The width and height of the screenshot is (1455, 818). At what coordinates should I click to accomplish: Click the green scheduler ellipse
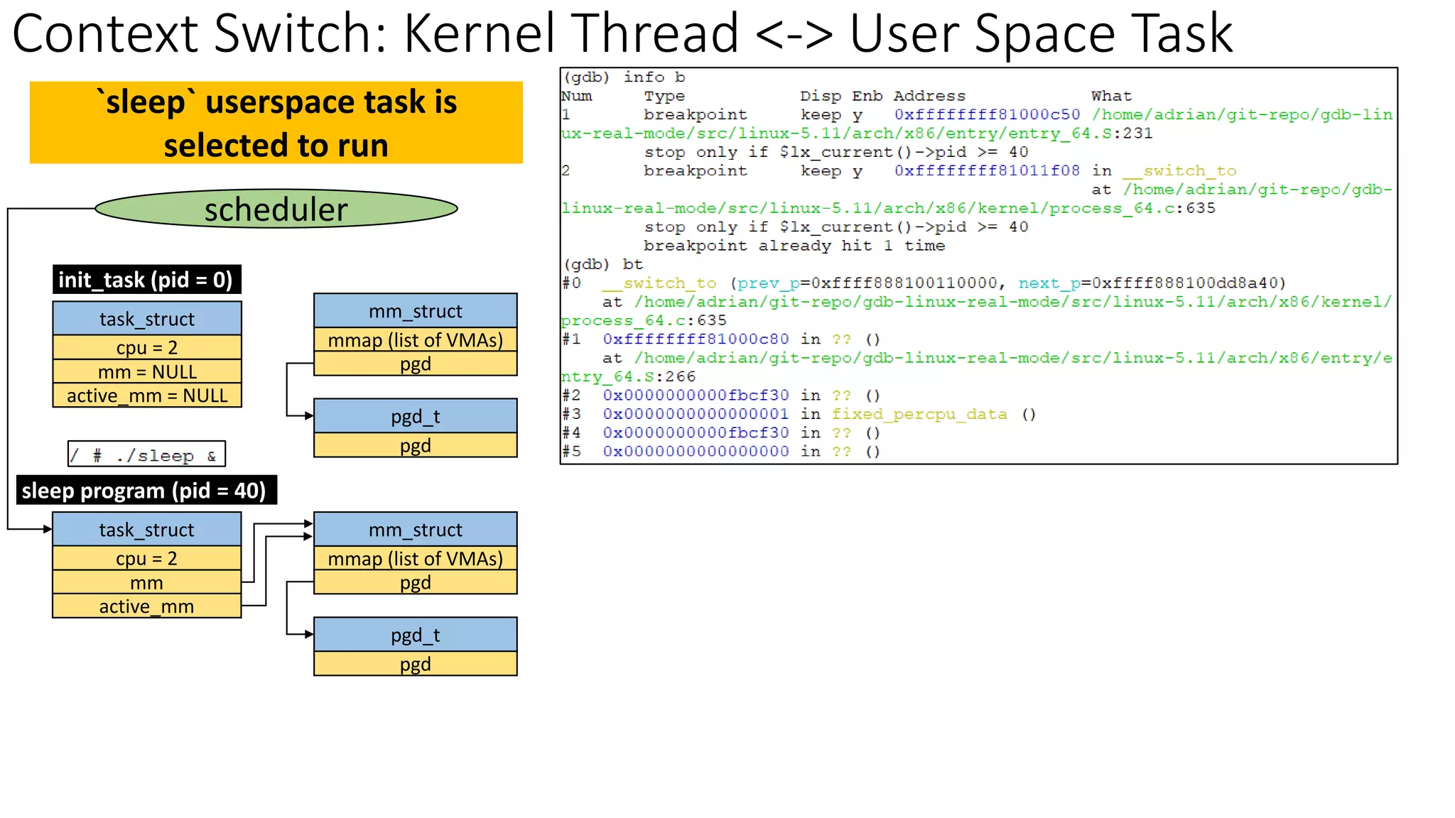pos(276,209)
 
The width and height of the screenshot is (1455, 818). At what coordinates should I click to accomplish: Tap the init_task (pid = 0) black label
pos(146,280)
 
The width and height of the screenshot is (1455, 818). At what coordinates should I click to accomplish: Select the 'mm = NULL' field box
pos(147,372)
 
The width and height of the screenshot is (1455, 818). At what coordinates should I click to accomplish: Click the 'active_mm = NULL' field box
pos(147,396)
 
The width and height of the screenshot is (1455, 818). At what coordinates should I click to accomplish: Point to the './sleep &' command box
pos(146,454)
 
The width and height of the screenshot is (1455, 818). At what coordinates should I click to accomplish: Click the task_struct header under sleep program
pos(147,530)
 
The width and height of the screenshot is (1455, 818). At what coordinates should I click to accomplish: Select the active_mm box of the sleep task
pos(147,606)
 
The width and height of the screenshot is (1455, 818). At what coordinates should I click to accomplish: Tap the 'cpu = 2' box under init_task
pos(147,348)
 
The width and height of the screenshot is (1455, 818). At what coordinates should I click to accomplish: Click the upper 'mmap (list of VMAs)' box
pos(415,340)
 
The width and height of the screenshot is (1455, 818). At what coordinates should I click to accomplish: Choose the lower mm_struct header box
pos(415,530)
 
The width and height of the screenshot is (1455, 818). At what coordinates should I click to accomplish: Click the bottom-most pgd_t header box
pos(415,635)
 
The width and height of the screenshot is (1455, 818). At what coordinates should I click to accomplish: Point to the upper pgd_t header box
pos(415,416)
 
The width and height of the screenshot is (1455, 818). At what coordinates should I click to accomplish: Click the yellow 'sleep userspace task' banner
pos(276,123)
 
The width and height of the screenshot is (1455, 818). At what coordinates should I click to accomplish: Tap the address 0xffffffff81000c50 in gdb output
pos(987,114)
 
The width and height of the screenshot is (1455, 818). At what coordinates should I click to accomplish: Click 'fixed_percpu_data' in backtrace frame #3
pos(919,414)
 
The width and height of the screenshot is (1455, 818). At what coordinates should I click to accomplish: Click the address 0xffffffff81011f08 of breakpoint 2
pos(987,170)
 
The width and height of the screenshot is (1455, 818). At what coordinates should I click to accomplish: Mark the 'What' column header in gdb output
pos(1111,96)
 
